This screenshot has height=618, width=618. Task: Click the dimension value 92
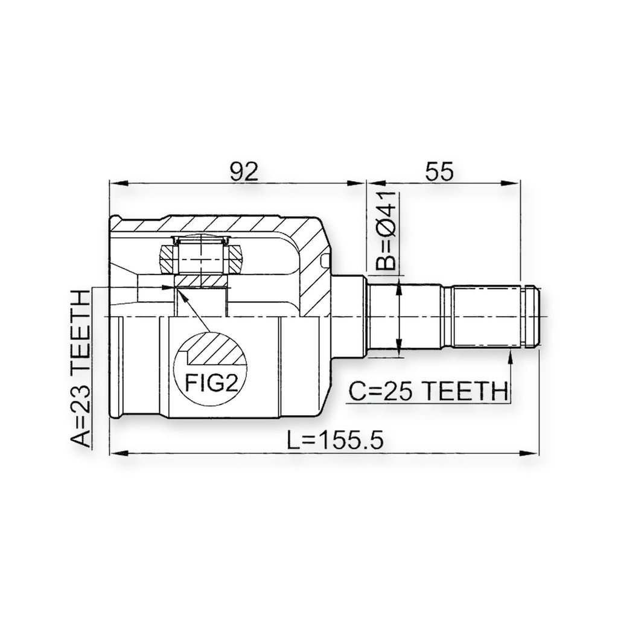tap(244, 171)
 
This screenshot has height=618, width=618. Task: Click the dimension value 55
tap(439, 171)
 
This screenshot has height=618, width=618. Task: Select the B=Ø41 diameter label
tap(386, 232)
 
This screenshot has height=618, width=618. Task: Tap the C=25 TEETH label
tap(428, 391)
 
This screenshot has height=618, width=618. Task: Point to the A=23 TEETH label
tap(81, 369)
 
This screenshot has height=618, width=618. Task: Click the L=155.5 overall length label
tap(334, 440)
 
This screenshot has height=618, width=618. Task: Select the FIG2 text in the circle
tap(212, 383)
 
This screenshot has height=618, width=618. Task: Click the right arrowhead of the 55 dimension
tap(511, 183)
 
